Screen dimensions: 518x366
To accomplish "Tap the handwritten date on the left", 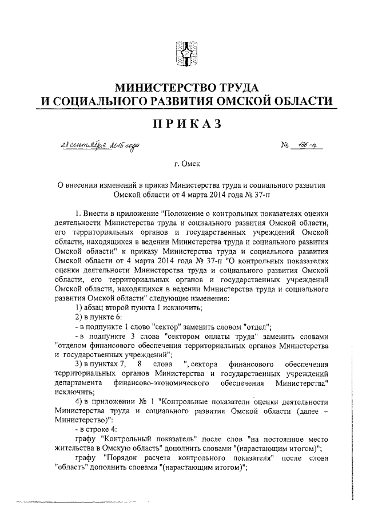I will coord(98,148).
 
